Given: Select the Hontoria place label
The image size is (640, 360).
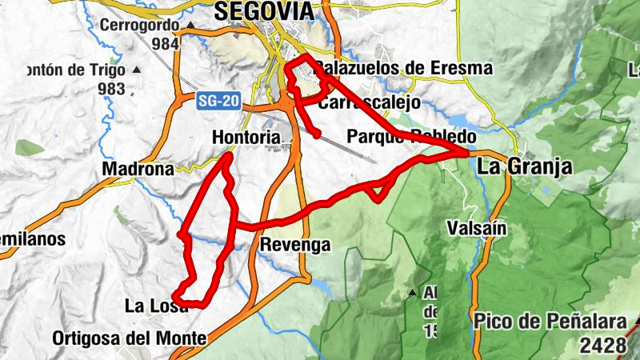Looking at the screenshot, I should [x=246, y=138].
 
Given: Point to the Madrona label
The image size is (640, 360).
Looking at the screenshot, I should [x=138, y=170].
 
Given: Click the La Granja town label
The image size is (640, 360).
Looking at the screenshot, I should [x=525, y=167].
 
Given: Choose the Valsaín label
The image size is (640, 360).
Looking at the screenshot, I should [x=478, y=228].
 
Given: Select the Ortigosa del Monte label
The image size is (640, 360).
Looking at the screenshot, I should [x=129, y=338].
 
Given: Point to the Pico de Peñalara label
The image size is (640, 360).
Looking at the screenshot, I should [x=549, y=323].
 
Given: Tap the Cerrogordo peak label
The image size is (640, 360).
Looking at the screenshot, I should [x=139, y=25].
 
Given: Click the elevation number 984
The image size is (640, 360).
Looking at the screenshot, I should [x=165, y=43].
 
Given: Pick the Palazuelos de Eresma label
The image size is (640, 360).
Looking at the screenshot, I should [x=402, y=69].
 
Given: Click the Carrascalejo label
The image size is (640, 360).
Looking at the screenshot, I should [x=369, y=103].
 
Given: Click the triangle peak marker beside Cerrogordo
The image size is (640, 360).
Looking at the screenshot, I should [x=190, y=26].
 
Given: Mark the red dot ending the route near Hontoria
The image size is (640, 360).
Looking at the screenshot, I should [x=318, y=134].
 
